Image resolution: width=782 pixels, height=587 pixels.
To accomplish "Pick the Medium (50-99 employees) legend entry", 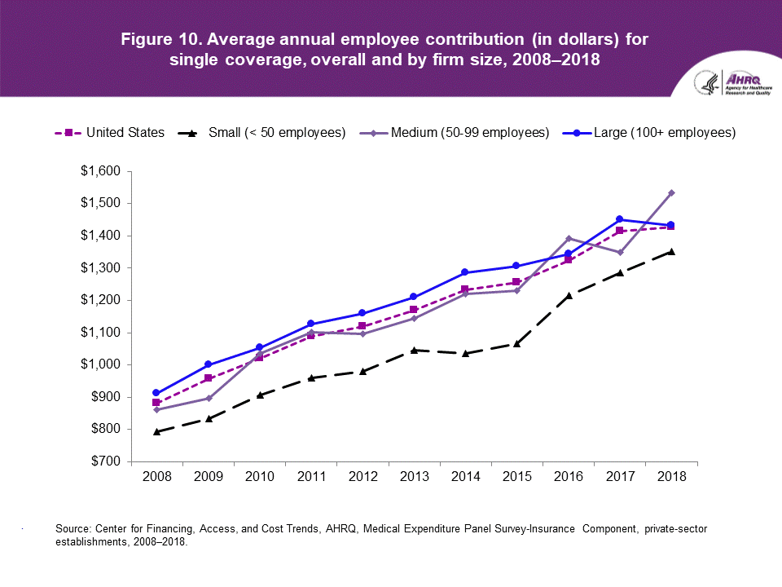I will click(453, 132).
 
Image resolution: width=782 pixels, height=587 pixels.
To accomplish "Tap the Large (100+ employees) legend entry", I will click(643, 132).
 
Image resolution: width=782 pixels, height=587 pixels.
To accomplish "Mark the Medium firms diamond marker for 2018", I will click(671, 192).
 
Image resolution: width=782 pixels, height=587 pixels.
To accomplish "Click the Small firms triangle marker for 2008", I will click(157, 431).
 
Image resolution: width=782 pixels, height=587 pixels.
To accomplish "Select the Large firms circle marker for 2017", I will click(620, 219).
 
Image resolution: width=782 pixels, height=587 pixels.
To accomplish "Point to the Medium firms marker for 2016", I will click(569, 238).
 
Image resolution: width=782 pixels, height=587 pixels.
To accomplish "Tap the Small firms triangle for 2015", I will click(517, 343).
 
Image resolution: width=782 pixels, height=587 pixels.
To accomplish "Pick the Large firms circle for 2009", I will click(209, 364).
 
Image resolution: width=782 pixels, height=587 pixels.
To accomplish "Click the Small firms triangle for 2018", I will click(671, 251).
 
